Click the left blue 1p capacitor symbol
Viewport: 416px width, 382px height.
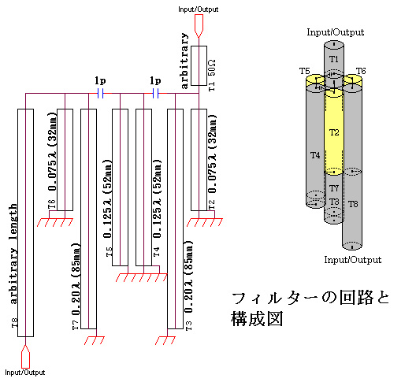click(100, 94)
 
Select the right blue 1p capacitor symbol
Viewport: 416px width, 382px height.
click(155, 94)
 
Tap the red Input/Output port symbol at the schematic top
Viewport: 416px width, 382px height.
click(199, 26)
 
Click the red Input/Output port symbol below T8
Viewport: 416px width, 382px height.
click(25, 357)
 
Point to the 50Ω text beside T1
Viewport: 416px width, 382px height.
click(212, 68)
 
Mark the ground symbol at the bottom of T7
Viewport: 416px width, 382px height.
click(95, 340)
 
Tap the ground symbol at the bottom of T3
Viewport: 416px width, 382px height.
click(165, 340)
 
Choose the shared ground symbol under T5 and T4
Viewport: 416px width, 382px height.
click(142, 277)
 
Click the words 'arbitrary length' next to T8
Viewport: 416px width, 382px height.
click(13, 254)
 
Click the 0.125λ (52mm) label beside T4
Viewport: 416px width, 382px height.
click(158, 198)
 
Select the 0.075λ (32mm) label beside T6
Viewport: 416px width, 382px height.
click(53, 151)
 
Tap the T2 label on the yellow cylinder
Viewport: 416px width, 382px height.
click(334, 132)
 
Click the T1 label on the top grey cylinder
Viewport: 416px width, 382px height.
click(334, 59)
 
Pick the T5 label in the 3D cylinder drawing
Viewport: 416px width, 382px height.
click(305, 71)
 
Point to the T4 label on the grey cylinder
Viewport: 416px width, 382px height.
click(315, 155)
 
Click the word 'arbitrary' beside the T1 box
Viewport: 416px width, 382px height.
click(184, 61)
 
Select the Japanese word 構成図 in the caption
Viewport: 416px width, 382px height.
click(257, 319)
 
